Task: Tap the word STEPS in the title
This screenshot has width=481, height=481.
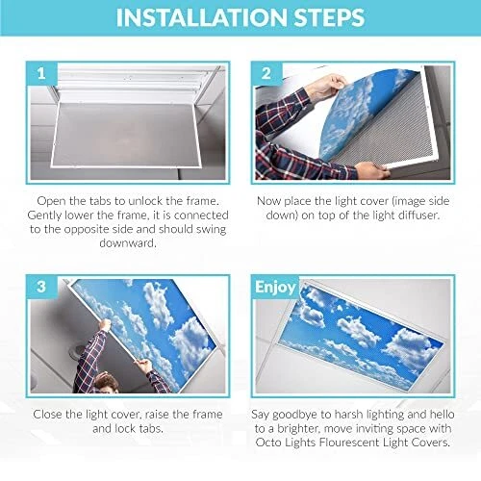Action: click(x=329, y=17)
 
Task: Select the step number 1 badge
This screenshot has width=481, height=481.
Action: click(x=41, y=73)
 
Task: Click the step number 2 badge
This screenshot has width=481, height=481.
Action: click(x=266, y=73)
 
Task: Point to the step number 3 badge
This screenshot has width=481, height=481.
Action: click(x=41, y=287)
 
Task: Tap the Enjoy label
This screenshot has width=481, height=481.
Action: click(x=275, y=287)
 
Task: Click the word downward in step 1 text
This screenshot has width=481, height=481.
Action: click(x=128, y=242)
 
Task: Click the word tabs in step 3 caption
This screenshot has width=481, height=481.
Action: click(x=151, y=428)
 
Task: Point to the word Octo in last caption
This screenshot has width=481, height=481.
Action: click(x=268, y=443)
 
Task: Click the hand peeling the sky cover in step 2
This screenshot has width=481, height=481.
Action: click(x=328, y=88)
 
